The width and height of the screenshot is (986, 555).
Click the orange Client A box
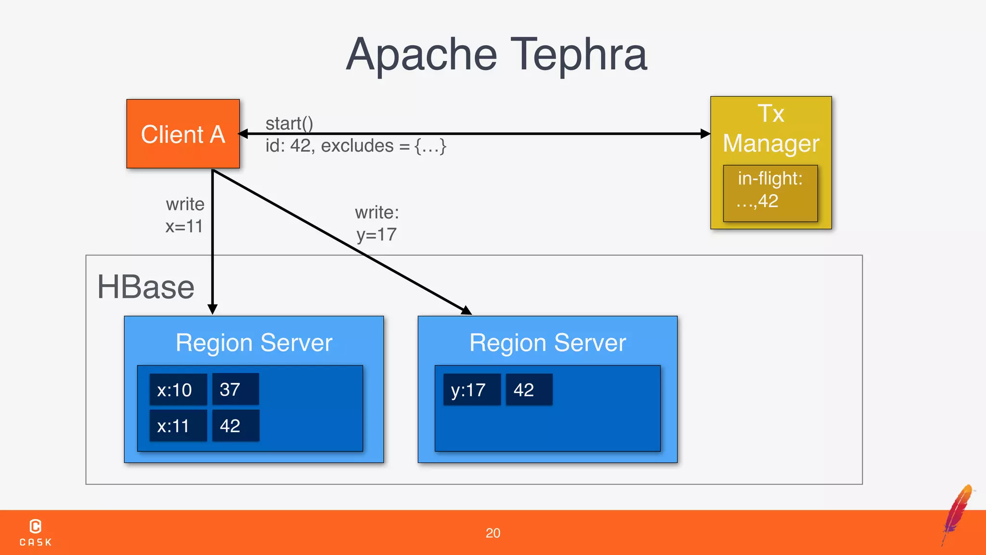(x=183, y=134)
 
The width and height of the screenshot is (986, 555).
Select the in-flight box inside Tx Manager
(x=770, y=193)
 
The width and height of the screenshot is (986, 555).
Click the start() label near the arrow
(x=289, y=123)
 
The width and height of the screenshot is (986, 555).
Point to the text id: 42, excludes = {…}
(x=356, y=145)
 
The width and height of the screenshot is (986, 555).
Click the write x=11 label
(x=185, y=215)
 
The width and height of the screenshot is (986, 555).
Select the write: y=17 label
(x=377, y=224)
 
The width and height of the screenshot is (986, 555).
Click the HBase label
(x=145, y=287)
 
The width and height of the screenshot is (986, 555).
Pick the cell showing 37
(x=235, y=389)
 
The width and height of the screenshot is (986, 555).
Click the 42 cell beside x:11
(x=235, y=426)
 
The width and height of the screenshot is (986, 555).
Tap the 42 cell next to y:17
(x=528, y=390)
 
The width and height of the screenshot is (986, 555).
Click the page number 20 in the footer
(x=493, y=533)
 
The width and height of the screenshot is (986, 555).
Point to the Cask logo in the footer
(x=36, y=532)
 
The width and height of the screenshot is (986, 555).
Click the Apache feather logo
(x=958, y=513)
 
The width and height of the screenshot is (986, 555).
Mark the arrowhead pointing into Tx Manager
(x=705, y=134)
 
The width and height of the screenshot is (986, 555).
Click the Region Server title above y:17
(x=547, y=343)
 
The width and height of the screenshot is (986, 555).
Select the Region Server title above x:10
(x=254, y=343)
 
